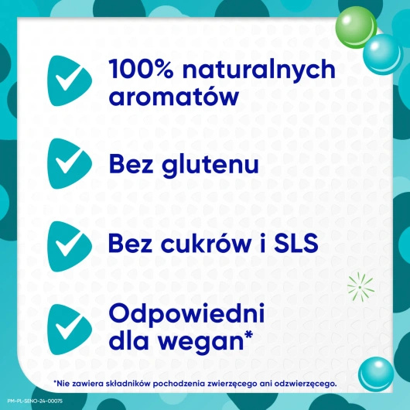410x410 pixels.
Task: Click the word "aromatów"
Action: [x=173, y=96]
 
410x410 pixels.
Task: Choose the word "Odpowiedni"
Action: [x=188, y=314]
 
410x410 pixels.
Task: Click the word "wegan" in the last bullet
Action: [x=211, y=340]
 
